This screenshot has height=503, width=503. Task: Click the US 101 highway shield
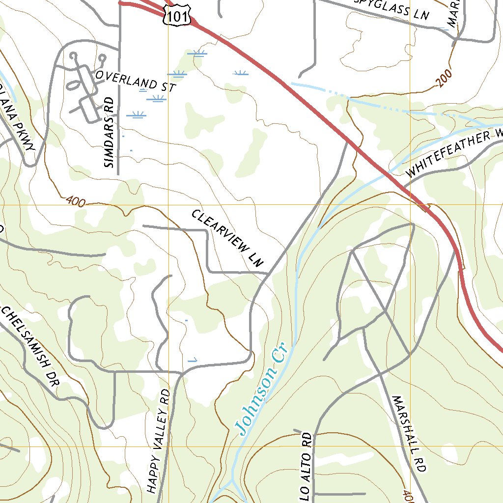coord(176,17)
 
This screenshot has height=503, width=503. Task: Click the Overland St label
coord(136,81)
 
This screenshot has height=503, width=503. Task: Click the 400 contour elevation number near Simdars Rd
coord(75,200)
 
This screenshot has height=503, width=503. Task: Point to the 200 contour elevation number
coord(443,79)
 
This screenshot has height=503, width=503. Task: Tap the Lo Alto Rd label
coord(306,467)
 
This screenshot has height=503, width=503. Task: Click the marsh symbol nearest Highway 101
coord(240,74)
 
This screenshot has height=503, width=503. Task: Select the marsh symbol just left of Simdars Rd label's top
coord(136,115)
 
